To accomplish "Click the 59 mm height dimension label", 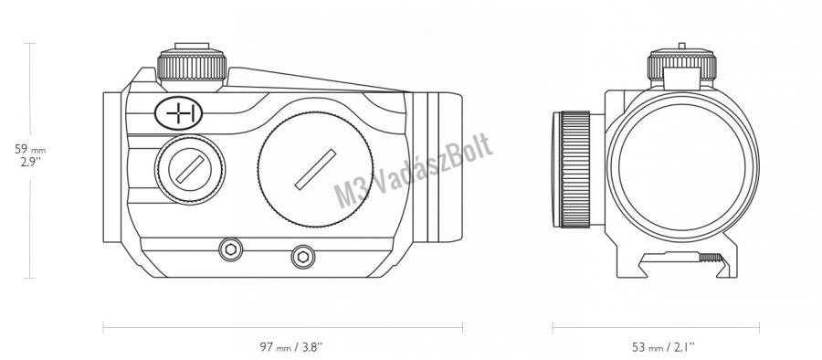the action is click(x=30, y=149).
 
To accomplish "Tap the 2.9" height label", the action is click(x=31, y=162).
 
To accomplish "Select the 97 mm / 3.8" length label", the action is click(x=291, y=347).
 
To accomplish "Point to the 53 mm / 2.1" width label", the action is click(x=663, y=347).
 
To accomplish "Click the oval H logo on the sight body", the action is click(x=179, y=112).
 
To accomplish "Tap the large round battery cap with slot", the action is click(x=316, y=170).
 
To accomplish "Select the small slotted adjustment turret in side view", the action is click(x=190, y=170).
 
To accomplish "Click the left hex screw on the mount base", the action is click(x=230, y=249).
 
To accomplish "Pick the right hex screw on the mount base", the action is click(x=303, y=257).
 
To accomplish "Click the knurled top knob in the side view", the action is click(x=192, y=66).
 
